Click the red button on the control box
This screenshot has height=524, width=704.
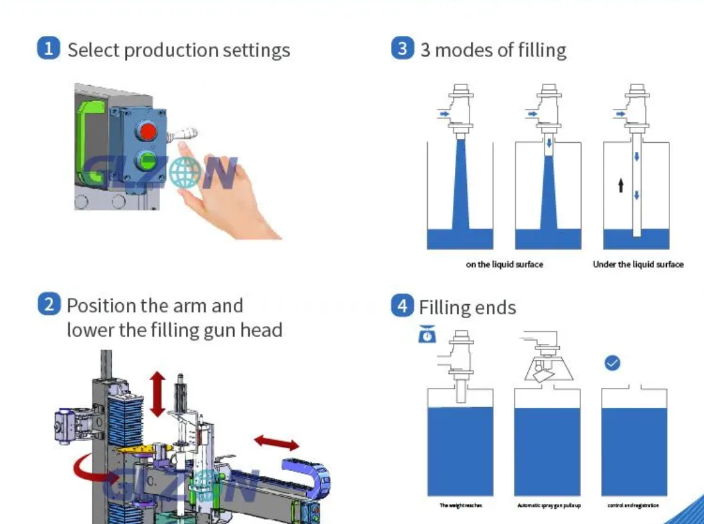(147, 130)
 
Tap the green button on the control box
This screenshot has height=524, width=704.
(146, 160)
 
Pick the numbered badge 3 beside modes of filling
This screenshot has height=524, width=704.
(402, 49)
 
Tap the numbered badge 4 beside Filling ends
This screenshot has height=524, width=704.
(402, 306)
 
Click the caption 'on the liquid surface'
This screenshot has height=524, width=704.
(504, 264)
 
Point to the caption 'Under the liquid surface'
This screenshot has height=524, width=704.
(638, 264)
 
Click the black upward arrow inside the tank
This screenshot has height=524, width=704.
(620, 185)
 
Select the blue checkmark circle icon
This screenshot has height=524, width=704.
(612, 363)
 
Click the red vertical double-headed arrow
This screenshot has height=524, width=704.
(157, 394)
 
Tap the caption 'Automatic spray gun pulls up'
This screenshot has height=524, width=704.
(549, 505)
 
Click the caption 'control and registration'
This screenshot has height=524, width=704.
(633, 505)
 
